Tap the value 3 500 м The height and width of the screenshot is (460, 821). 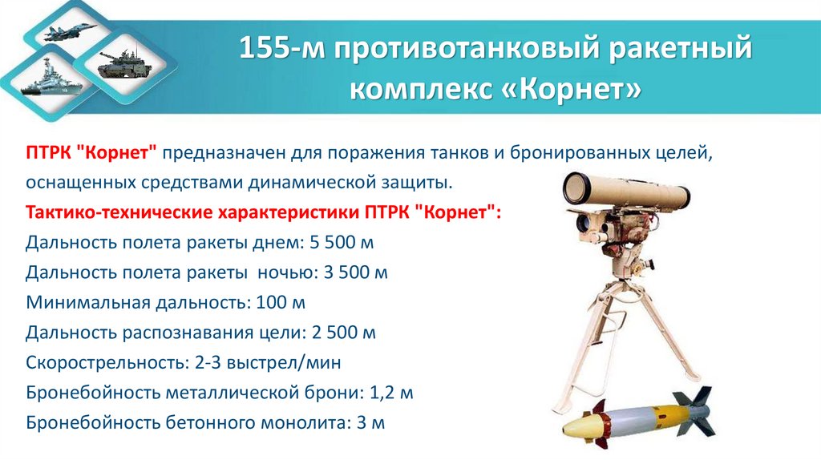355,272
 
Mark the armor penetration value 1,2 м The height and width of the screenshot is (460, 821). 392,393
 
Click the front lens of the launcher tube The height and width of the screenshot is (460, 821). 576,189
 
